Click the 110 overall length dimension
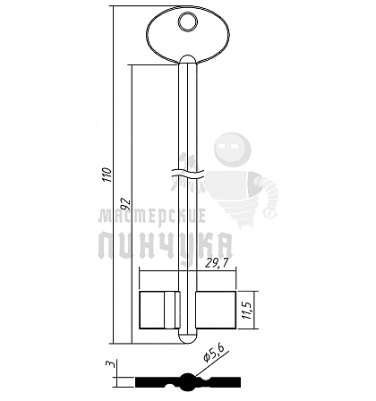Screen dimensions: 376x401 click(x=107, y=175)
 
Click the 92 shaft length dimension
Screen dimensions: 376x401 click(x=126, y=203)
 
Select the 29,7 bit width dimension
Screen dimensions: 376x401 click(x=217, y=263)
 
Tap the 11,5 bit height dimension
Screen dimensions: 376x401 click(x=248, y=310)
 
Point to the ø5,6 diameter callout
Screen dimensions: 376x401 click(x=213, y=353)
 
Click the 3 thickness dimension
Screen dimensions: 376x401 click(x=110, y=364)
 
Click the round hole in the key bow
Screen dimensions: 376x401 click(x=188, y=21)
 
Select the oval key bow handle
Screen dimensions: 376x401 click(x=188, y=35)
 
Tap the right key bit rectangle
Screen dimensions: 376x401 click(x=216, y=310)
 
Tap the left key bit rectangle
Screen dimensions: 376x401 click(x=160, y=310)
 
